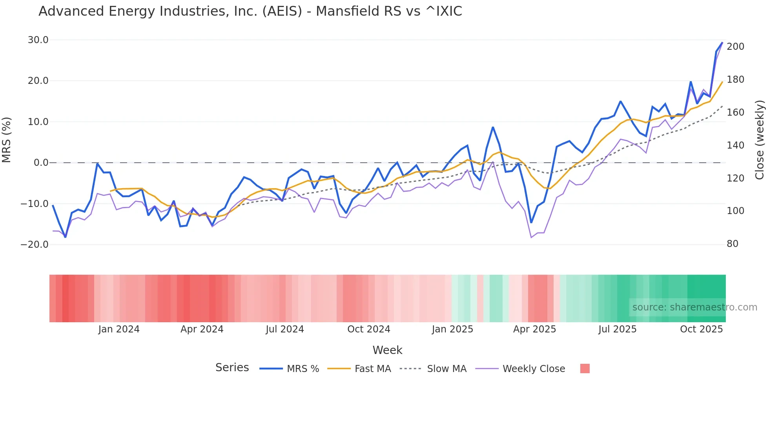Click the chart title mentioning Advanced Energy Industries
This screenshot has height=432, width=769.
click(250, 11)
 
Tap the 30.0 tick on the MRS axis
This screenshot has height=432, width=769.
click(38, 40)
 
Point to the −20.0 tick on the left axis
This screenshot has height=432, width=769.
click(35, 245)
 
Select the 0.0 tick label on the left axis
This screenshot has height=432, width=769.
click(41, 163)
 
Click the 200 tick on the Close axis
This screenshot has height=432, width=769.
click(735, 47)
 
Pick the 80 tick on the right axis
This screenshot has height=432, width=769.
click(732, 244)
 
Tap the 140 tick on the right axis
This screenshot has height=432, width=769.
click(735, 145)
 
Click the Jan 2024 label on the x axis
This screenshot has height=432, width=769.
click(119, 329)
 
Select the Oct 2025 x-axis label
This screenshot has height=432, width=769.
click(701, 329)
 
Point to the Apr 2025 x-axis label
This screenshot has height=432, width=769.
click(534, 329)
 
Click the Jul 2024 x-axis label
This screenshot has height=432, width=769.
click(285, 329)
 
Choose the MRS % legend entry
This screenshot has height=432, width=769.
click(290, 369)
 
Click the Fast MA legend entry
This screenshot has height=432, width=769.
click(359, 369)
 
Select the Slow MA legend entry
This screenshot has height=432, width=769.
click(433, 369)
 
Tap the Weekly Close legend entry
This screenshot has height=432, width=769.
click(520, 369)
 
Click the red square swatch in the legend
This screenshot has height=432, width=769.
click(585, 368)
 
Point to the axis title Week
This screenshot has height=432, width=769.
click(387, 350)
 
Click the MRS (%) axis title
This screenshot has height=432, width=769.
click(7, 140)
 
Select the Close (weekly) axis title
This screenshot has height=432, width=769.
click(760, 140)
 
